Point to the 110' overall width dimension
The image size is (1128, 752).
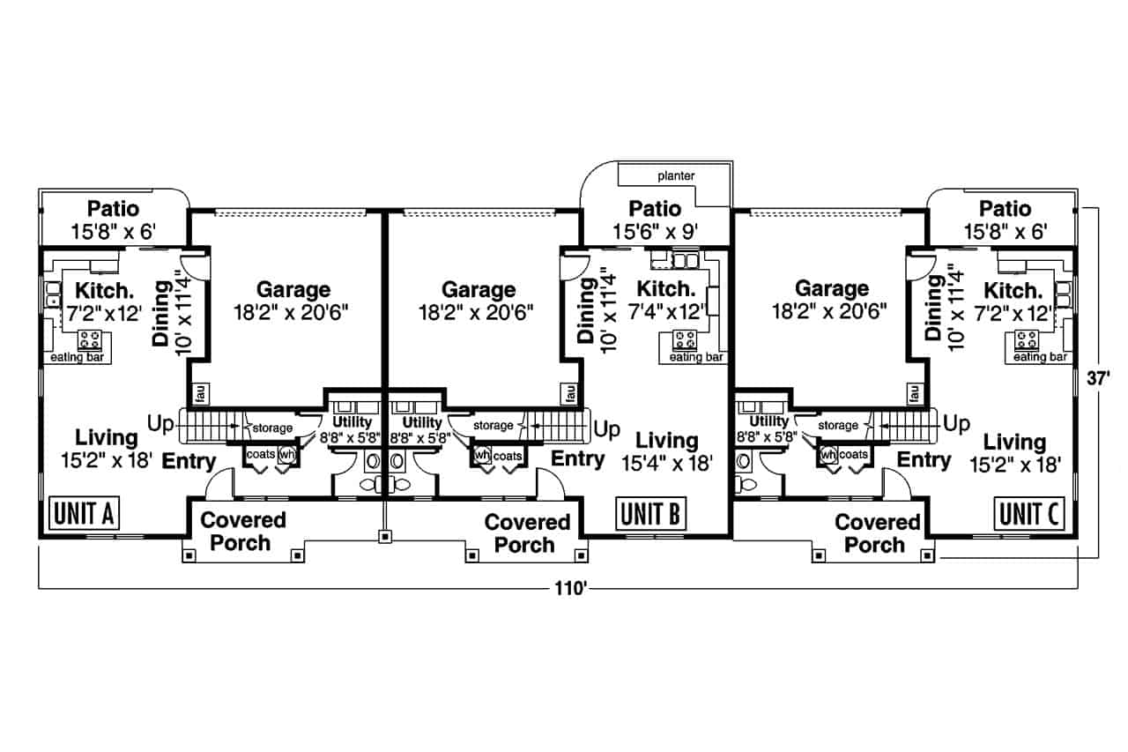pos(569,589)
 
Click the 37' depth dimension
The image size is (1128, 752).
pos(1097,376)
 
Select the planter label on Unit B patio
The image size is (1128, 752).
pos(676,176)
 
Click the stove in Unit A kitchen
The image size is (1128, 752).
pos(90,339)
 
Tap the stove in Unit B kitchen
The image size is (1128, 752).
pos(686,339)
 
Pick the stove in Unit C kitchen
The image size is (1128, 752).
pos(1028,339)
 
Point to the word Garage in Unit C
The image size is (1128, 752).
pos(831,288)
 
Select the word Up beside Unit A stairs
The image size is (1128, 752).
pos(160,424)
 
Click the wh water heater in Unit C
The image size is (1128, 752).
pos(827,455)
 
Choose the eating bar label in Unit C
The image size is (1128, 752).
pos(1041,357)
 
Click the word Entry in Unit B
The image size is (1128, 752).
pos(578,458)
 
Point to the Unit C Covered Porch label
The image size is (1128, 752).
pos(877,533)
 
